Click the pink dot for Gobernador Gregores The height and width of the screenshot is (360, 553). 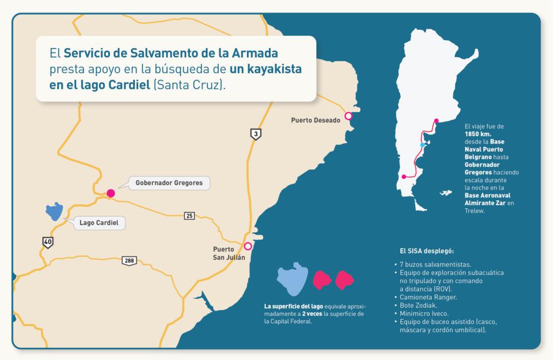pos(111,193)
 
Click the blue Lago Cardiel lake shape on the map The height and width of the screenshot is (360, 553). pos(53,212)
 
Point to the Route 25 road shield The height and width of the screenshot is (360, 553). pos(189,216)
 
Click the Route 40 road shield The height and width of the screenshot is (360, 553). pos(48,242)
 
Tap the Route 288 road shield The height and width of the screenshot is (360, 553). pos(129,261)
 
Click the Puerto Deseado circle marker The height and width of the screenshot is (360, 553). pos(348,116)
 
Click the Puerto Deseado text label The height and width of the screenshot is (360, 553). pos(315,120)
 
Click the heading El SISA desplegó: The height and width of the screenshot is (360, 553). pos(427,251)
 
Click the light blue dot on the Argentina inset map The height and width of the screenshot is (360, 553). pos(422,145)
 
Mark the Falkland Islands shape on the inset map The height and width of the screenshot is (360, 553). pos(446,192)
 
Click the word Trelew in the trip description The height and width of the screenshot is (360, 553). pos(475,211)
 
